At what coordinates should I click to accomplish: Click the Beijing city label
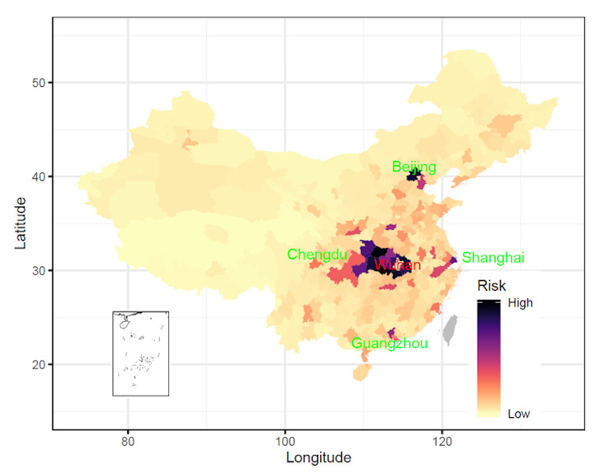point(414,168)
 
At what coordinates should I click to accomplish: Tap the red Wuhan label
point(398,265)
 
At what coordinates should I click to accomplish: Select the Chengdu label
point(317,255)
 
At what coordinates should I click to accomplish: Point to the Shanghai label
point(492,258)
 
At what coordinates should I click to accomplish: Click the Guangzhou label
point(389,343)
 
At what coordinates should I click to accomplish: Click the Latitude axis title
point(22,223)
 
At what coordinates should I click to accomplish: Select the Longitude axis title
point(318,457)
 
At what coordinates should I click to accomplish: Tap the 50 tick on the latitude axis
point(37,83)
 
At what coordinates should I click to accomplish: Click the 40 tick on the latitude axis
point(37,177)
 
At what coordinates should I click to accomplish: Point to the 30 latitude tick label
point(37,271)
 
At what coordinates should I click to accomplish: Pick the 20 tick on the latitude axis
point(37,365)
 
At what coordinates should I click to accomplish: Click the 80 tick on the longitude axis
point(127,440)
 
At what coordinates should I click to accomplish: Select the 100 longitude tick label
point(285,440)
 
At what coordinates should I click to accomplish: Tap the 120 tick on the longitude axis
point(442,440)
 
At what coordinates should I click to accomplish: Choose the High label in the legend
point(520,303)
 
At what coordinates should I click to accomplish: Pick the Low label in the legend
point(519,414)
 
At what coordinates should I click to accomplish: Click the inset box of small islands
point(140,353)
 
